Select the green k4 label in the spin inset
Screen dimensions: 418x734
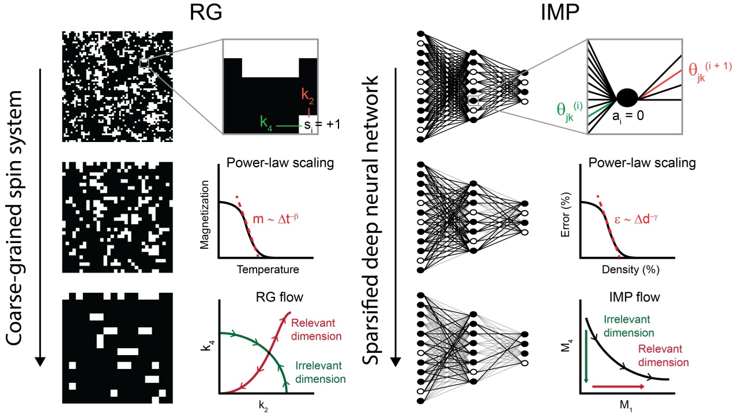pyautogui.click(x=266, y=122)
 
